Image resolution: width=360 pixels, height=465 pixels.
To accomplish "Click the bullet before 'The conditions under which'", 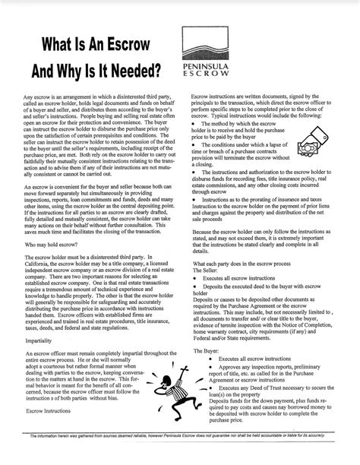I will pos(194,144).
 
